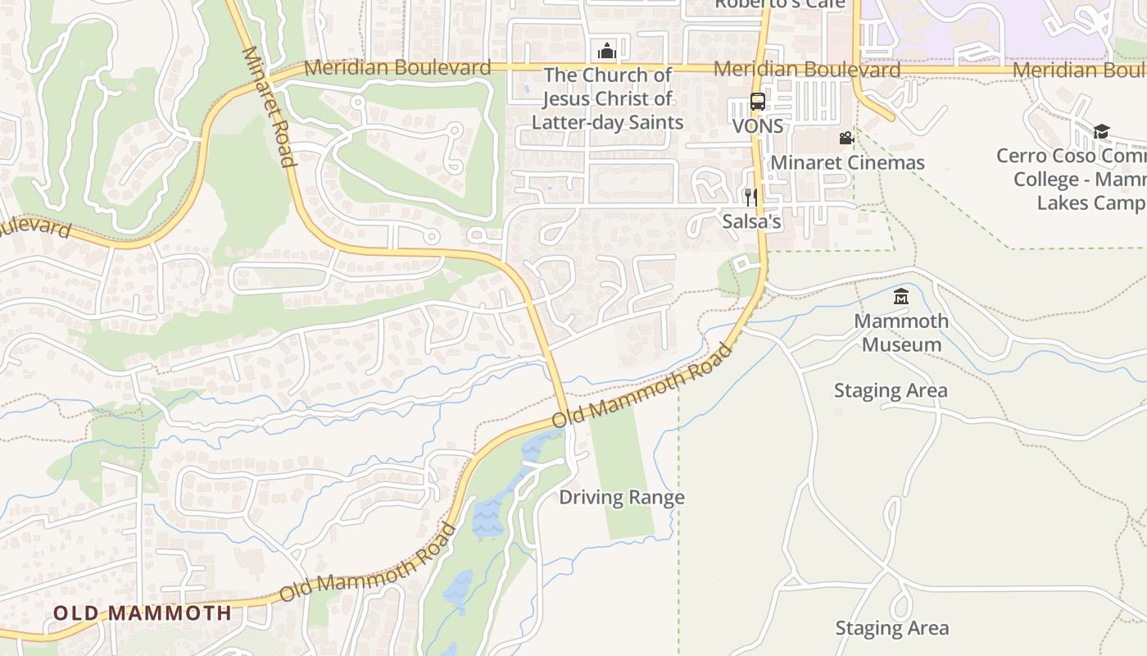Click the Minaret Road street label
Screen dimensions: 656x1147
(x=268, y=107)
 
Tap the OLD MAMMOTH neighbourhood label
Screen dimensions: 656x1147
(x=143, y=613)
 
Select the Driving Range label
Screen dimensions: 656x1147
(x=622, y=498)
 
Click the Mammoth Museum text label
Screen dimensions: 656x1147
(x=901, y=332)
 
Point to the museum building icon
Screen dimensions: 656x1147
(x=901, y=297)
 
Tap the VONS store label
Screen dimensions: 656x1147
(x=758, y=126)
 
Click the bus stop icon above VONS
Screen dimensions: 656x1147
(x=758, y=102)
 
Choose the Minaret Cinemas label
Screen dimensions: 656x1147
(x=847, y=162)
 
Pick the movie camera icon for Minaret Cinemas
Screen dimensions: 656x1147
(x=846, y=139)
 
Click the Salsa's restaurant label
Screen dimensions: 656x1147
(x=751, y=221)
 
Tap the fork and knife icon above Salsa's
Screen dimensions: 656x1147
(x=750, y=198)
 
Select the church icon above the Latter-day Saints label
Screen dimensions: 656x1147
(x=606, y=52)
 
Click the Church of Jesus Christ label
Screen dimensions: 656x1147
(x=607, y=98)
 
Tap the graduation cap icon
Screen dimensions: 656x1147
(x=1101, y=132)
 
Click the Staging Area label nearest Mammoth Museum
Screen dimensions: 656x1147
(x=891, y=390)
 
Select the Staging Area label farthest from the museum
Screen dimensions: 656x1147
(x=892, y=628)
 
